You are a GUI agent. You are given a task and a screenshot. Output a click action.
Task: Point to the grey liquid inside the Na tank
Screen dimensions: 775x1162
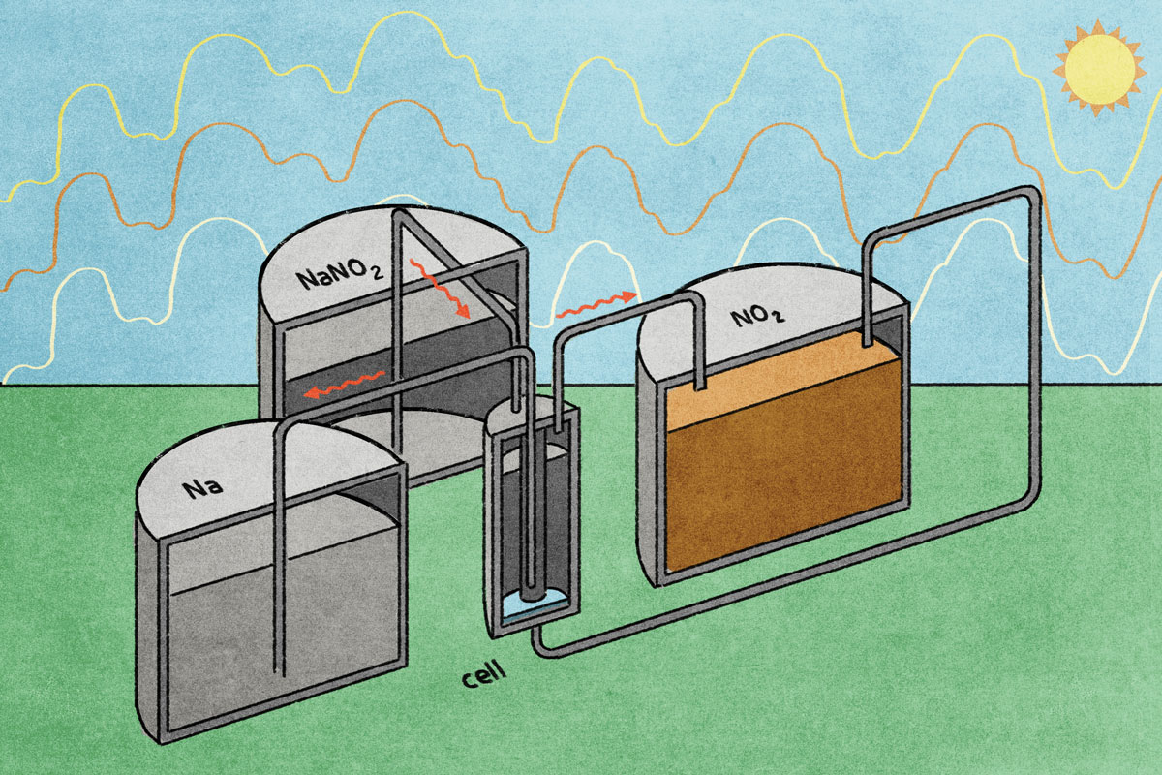232,630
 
